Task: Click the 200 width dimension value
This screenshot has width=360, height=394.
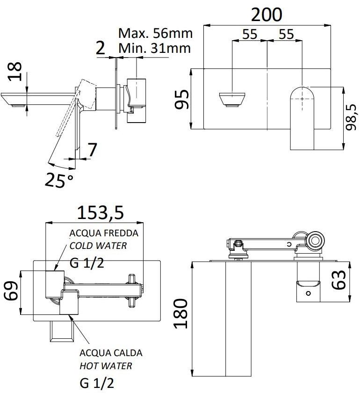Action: pyautogui.click(x=266, y=15)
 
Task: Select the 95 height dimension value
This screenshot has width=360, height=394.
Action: pyautogui.click(x=181, y=99)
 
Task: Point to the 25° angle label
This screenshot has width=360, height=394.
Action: pyautogui.click(x=59, y=180)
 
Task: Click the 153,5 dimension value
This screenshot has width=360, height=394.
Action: pyautogui.click(x=101, y=212)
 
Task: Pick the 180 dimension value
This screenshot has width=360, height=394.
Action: pyautogui.click(x=180, y=314)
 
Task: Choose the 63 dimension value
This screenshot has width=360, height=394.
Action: pyautogui.click(x=338, y=280)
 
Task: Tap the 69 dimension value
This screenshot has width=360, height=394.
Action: pyautogui.click(x=11, y=291)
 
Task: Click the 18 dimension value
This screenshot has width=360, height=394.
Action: pyautogui.click(x=14, y=72)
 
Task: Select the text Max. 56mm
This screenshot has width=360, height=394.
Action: pyautogui.click(x=155, y=33)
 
